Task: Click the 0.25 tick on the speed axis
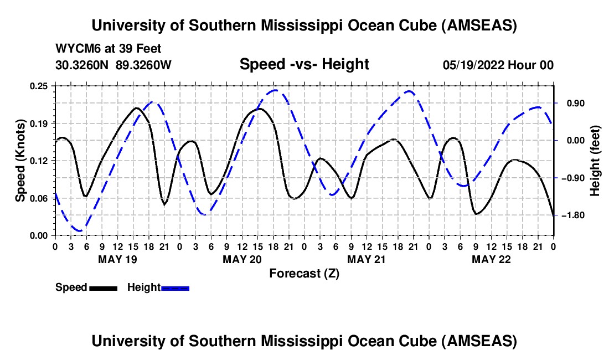coord(40,85)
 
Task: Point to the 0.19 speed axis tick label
coord(40,123)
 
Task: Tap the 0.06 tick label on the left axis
coord(40,198)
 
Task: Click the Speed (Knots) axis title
coord(20,161)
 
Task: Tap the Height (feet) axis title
coord(595,161)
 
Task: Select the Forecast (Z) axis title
coord(304,273)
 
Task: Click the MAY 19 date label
coord(117,259)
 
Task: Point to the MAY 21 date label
coord(367,259)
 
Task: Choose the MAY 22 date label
coord(491,259)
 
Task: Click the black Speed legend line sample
coord(104,288)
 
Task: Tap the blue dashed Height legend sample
coord(175,288)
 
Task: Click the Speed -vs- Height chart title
coord(304,64)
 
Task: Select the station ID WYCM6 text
coord(75,49)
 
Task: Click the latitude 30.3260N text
coord(82,65)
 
